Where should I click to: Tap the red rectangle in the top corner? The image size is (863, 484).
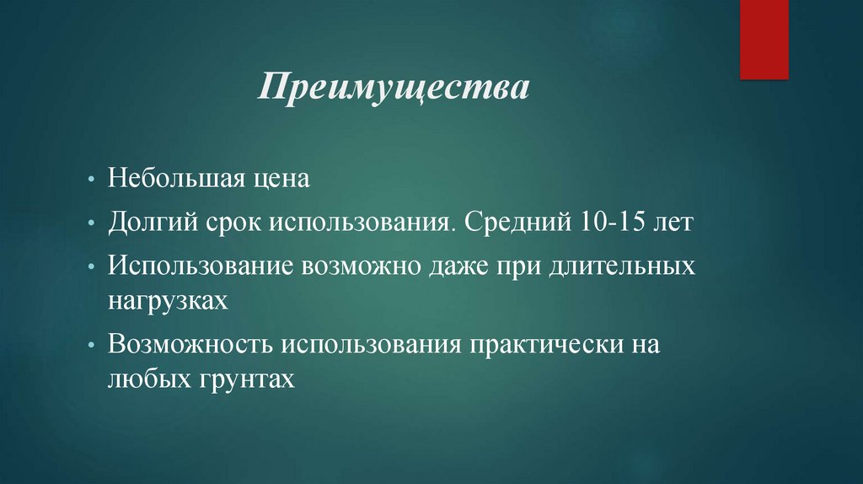pos(764,39)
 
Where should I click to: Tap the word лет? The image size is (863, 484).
pos(672,225)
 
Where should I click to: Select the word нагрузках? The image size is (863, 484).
pos(168,301)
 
